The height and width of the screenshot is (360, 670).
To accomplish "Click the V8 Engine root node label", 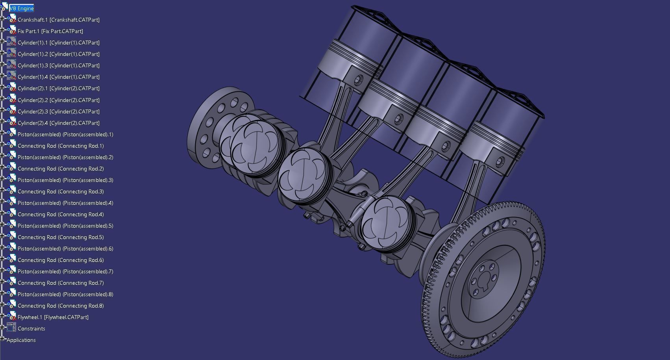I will [x=22, y=8].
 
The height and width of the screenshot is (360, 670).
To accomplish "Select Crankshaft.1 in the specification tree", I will [x=58, y=20].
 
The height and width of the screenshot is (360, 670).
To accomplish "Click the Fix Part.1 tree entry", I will [x=50, y=31].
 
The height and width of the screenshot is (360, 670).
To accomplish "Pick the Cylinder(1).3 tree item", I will [x=58, y=65].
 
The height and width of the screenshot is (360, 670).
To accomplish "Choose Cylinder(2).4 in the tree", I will [x=58, y=123].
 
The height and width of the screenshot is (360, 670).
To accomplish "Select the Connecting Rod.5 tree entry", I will [x=61, y=237].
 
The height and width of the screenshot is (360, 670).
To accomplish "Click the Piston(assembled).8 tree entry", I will [x=65, y=294].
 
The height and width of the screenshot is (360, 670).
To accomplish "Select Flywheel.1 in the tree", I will [x=53, y=317].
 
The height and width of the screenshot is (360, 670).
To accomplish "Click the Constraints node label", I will [x=31, y=328].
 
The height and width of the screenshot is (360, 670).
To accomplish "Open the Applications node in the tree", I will [x=21, y=340].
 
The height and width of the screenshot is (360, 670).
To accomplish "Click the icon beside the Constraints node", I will [x=11, y=328].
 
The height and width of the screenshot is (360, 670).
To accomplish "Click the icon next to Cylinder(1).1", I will [x=11, y=42].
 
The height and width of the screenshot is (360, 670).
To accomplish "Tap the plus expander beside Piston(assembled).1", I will [x=2, y=134].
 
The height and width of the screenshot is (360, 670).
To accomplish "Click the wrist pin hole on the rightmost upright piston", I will [x=500, y=161].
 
